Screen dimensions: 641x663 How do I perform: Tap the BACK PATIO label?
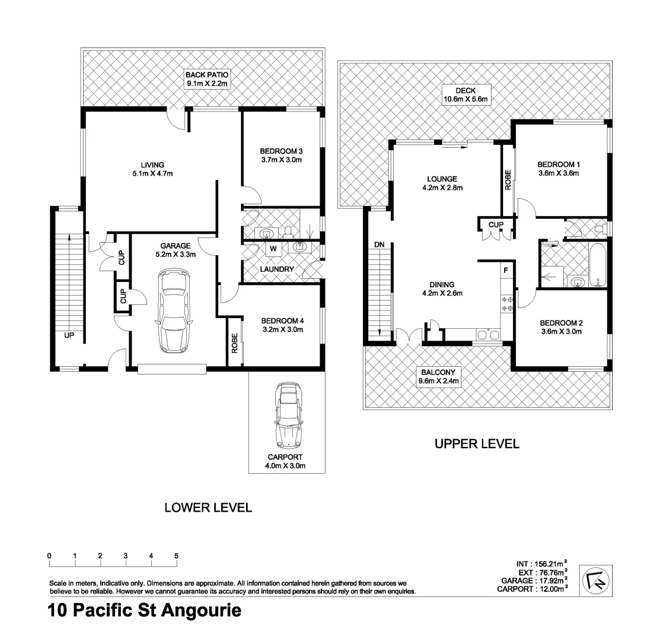tap(207, 75)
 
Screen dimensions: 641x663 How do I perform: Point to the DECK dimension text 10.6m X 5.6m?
tap(466, 100)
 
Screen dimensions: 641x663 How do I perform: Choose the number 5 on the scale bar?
tap(177, 556)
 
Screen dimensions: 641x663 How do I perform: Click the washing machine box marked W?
tap(273, 248)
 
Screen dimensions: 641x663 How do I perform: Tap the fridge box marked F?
tap(506, 270)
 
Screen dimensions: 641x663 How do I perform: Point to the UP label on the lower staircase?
tap(69, 335)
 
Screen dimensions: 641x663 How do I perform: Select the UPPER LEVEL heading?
tap(477, 443)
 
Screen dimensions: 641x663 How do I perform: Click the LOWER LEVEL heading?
tap(208, 507)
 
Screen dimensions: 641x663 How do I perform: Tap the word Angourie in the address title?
tap(200, 610)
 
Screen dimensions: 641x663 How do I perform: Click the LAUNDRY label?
tap(276, 269)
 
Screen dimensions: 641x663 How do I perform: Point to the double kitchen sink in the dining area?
tap(487, 335)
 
